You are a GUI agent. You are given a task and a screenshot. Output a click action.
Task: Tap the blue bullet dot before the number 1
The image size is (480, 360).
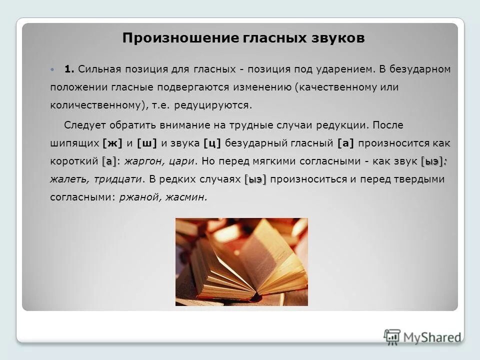point(53,69)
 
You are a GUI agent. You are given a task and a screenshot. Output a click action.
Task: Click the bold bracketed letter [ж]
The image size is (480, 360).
point(112,143)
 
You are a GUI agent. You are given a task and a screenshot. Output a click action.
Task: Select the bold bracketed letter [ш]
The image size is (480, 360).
point(146,143)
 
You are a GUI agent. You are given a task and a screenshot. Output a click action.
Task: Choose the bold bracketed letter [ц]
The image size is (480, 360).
point(212,143)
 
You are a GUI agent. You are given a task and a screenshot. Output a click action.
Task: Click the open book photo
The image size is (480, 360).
point(241,261)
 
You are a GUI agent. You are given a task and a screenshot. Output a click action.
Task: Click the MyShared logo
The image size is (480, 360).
point(422,336)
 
